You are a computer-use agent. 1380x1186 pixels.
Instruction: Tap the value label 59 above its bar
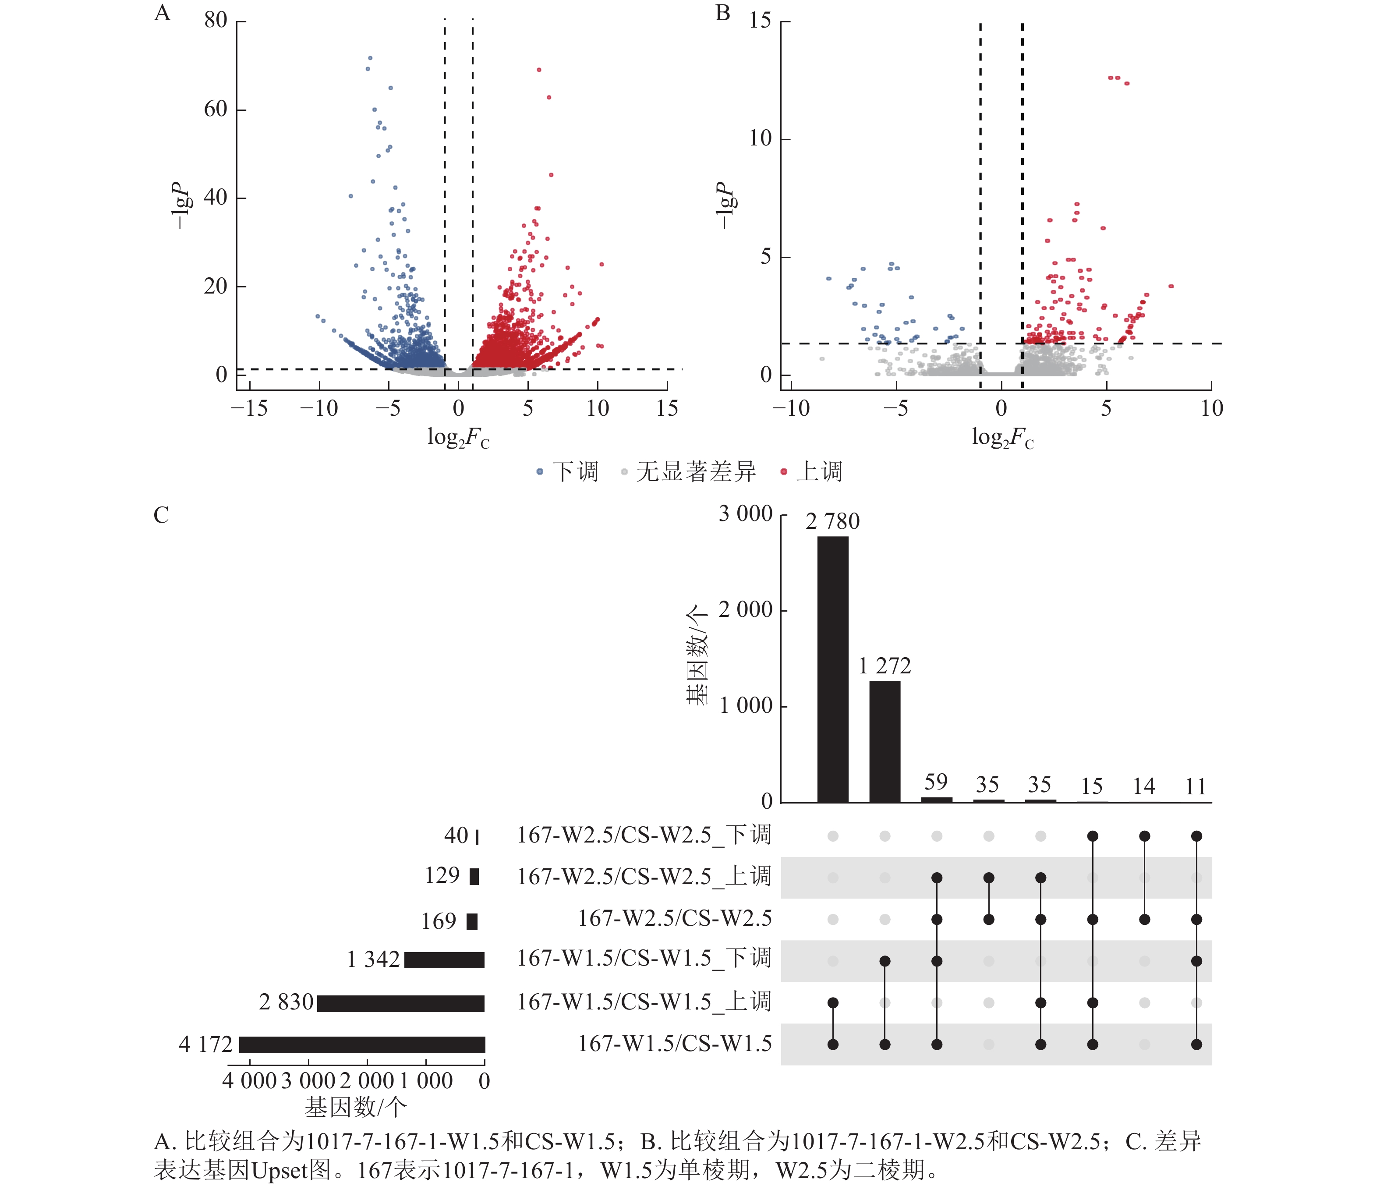936,782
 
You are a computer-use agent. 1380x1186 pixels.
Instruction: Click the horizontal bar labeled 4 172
362,1044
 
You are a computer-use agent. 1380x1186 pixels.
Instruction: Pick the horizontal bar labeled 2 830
400,1003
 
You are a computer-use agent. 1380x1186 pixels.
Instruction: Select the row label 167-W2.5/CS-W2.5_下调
644,835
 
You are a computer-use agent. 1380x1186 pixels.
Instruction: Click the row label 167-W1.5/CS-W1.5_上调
644,1002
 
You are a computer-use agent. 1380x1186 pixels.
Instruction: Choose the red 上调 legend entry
811,471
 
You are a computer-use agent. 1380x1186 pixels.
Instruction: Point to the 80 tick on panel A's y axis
216,21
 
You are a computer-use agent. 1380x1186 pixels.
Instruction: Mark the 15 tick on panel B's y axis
760,21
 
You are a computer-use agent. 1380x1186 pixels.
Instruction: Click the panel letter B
722,13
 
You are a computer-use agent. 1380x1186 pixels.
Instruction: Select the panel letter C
161,515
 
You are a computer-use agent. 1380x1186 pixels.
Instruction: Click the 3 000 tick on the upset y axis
745,513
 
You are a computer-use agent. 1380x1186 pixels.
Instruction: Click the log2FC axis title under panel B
1002,438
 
